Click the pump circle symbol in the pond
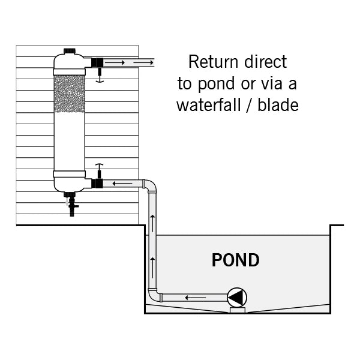click(236, 297)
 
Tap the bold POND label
click(236, 260)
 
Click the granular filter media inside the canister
click(70, 94)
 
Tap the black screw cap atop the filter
click(70, 52)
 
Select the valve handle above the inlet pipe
click(100, 167)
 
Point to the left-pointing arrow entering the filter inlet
click(122, 183)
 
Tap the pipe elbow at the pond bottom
click(154, 296)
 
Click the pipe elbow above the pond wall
click(150, 185)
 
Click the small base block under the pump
click(236, 310)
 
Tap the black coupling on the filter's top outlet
click(96, 62)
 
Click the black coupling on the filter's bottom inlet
click(97, 183)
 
